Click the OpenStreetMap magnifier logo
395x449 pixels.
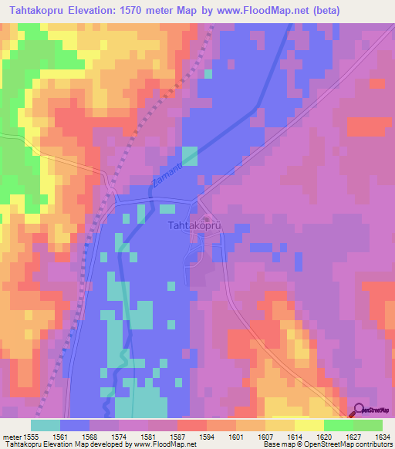(360, 410)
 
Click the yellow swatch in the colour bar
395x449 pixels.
(309, 425)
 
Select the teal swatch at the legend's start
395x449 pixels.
(45, 425)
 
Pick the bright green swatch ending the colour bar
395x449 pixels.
(367, 425)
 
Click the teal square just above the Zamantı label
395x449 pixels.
(190, 155)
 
